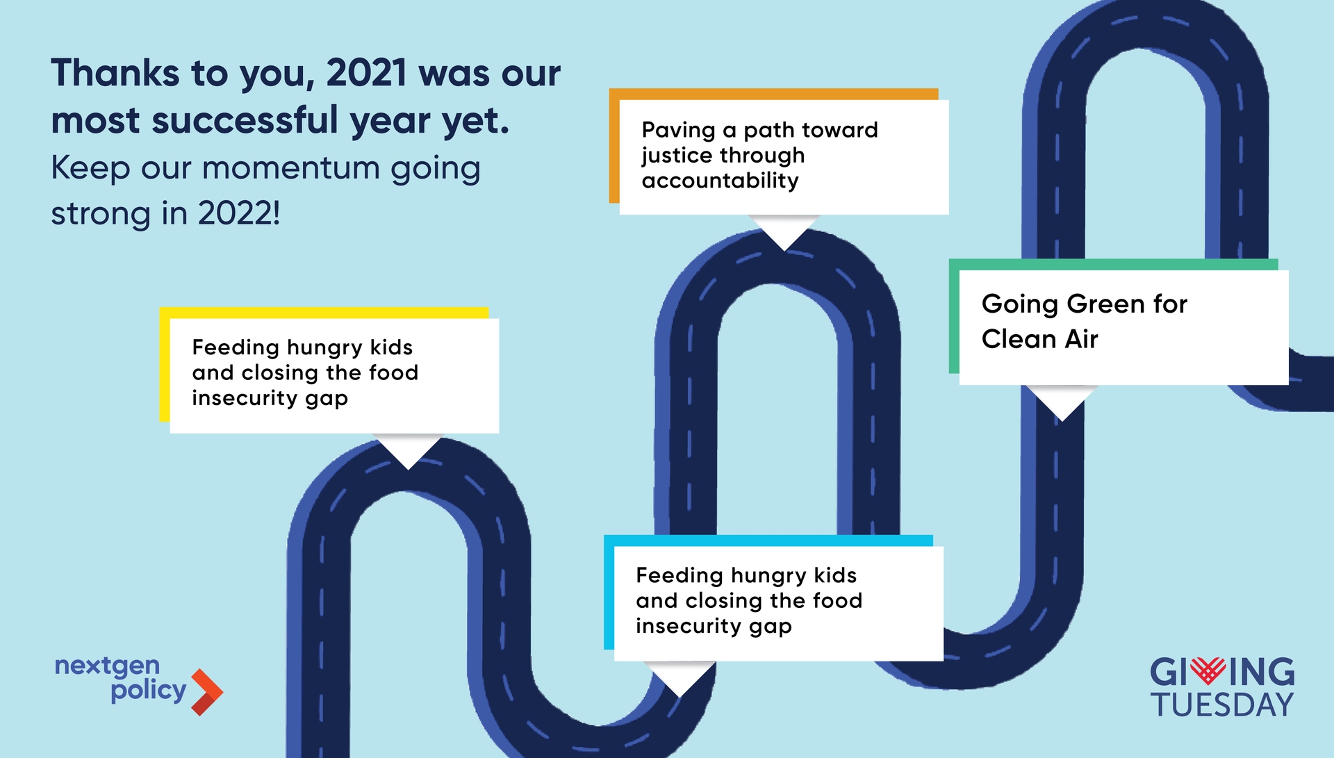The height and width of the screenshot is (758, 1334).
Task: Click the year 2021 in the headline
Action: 366,73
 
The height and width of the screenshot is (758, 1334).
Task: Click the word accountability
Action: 720,181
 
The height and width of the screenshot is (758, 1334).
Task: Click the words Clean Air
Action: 1039,339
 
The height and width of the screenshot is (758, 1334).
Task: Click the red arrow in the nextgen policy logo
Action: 207,692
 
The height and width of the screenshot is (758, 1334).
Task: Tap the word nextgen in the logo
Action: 107,666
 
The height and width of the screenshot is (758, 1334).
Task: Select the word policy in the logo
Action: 148,691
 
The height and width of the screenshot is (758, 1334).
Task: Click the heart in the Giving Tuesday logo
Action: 1208,670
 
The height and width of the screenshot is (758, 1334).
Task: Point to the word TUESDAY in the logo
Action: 1221,705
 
